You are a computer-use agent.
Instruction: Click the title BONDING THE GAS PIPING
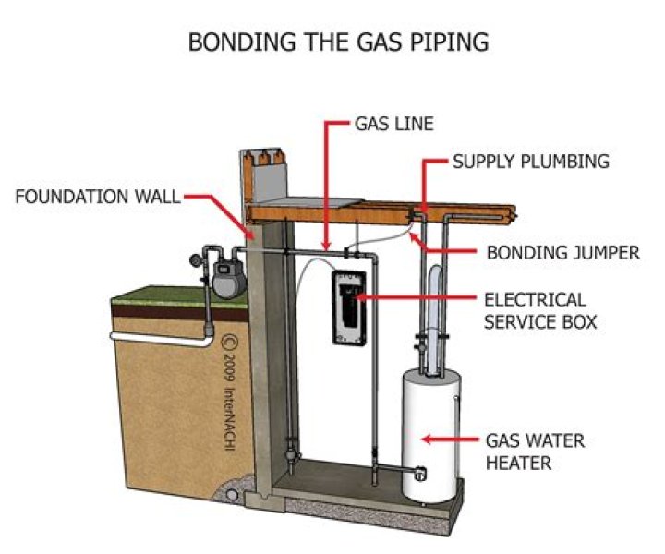click(x=337, y=42)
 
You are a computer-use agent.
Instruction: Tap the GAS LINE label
click(x=394, y=123)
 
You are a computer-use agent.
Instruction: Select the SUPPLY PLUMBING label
click(x=530, y=162)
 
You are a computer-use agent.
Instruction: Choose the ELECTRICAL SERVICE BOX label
click(x=535, y=311)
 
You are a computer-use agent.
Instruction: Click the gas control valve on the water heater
click(x=418, y=473)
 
